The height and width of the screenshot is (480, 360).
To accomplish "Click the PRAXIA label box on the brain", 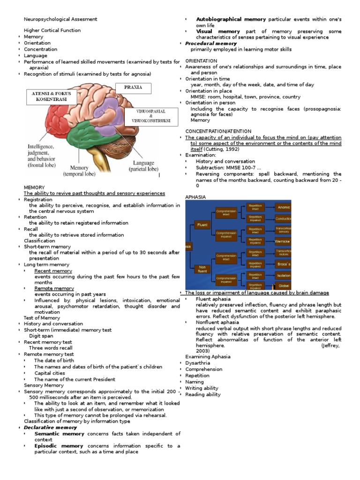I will coord(133,88).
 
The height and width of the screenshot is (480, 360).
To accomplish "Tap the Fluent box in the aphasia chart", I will coord(202,225).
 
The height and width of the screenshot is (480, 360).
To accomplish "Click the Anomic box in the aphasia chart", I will coord(283,207).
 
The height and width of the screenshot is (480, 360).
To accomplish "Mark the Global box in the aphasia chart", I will coord(283,285).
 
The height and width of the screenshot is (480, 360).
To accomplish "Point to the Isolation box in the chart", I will coord(283,275).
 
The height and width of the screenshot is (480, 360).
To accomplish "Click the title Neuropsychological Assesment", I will coord(61,19).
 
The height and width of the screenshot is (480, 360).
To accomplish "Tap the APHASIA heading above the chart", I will coord(195,197).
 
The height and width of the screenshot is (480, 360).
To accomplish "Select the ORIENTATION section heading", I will coord(201,61).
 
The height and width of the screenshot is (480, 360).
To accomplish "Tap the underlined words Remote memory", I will coord(53,288).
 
